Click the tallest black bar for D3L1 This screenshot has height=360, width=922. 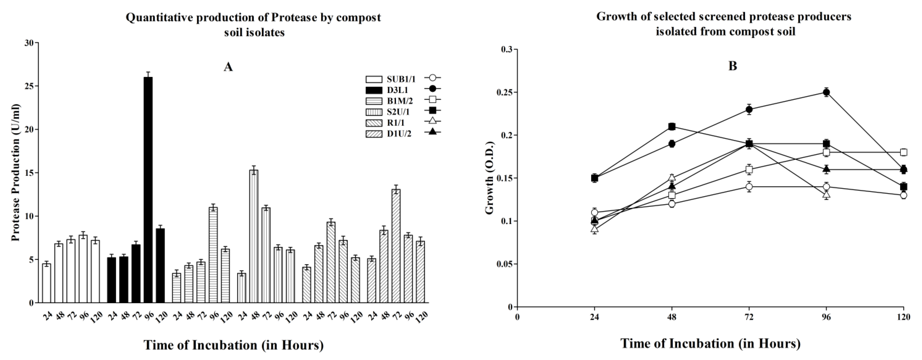click(x=148, y=190)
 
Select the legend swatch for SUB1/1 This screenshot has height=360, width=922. click(x=374, y=79)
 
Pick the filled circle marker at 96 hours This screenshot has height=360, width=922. click(x=826, y=92)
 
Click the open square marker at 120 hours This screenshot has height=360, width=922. click(x=904, y=152)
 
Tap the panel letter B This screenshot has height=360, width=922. click(x=733, y=66)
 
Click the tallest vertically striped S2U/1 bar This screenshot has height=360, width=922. click(x=254, y=236)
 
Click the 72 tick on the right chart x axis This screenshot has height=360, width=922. click(x=749, y=317)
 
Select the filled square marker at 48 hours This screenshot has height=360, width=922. click(x=672, y=126)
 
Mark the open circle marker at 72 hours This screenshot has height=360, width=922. click(x=749, y=186)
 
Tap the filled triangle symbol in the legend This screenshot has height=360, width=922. click(x=432, y=132)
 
